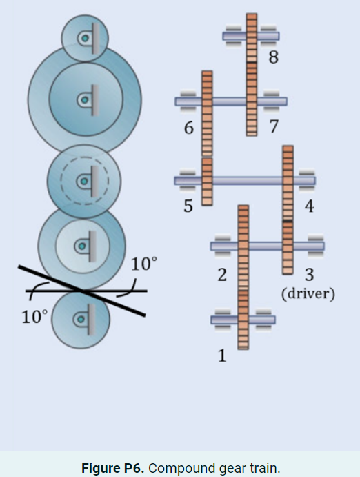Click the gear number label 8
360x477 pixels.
[x=274, y=58]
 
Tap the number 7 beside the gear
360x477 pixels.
[x=274, y=126]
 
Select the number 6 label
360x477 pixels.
[x=188, y=128]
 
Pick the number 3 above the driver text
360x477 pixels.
[x=309, y=275]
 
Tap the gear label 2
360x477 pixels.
[x=222, y=275]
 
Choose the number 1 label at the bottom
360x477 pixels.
[x=222, y=356]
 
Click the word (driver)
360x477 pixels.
[x=308, y=294]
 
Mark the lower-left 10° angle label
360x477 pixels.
[x=34, y=318]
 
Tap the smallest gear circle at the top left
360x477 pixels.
[x=85, y=39]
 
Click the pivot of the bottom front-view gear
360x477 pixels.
[x=82, y=320]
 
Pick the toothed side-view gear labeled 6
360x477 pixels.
[x=206, y=112]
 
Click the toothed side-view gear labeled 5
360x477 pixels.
[x=207, y=182]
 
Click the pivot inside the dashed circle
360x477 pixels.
[x=83, y=182]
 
